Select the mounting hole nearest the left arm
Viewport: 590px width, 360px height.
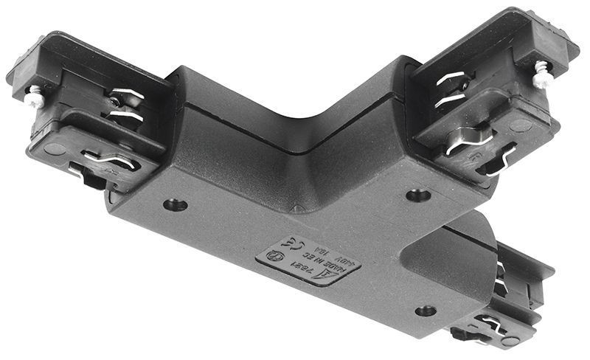(x=175, y=204)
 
